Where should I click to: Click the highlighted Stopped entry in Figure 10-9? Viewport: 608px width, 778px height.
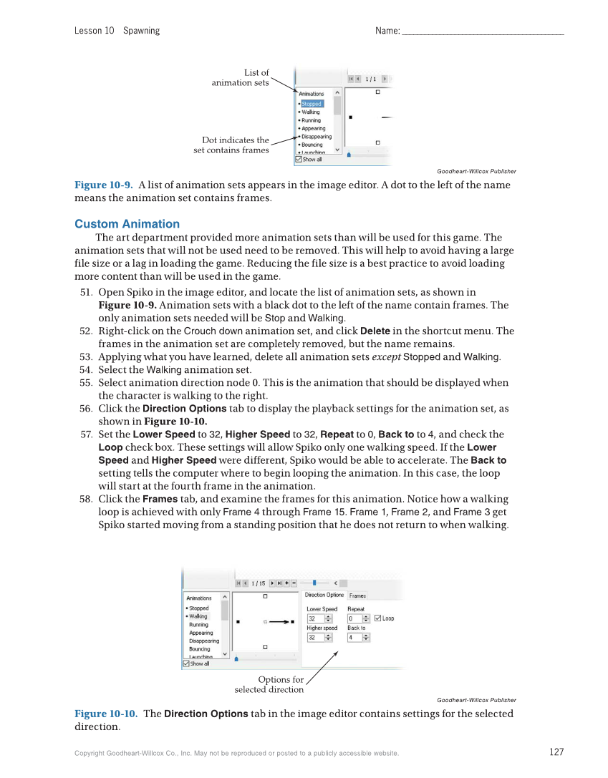point(312,104)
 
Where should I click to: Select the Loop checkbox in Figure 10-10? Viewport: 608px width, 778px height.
point(378,618)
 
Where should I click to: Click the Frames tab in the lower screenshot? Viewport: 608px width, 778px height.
point(357,595)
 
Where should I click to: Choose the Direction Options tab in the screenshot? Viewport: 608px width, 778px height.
point(324,595)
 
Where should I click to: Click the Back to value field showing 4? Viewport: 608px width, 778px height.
point(355,637)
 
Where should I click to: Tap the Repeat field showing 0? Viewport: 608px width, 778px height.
point(355,618)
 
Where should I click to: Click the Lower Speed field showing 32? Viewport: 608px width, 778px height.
point(316,618)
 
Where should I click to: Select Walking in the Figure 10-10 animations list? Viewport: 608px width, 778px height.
point(198,616)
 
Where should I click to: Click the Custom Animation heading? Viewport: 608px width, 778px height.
point(127,224)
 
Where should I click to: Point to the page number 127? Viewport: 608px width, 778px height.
point(556,752)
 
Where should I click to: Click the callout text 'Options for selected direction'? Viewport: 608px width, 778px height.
point(270,685)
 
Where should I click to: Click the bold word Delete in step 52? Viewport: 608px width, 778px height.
point(375,331)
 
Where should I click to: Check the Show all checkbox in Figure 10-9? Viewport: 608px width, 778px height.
point(299,160)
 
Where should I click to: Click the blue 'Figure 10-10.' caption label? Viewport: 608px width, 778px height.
point(106,714)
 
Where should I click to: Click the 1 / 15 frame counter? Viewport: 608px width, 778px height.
point(258,583)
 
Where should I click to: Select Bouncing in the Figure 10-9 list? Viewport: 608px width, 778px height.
point(312,145)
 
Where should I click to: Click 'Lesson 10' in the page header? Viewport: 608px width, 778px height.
point(94,31)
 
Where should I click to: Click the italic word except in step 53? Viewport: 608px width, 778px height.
point(386,357)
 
